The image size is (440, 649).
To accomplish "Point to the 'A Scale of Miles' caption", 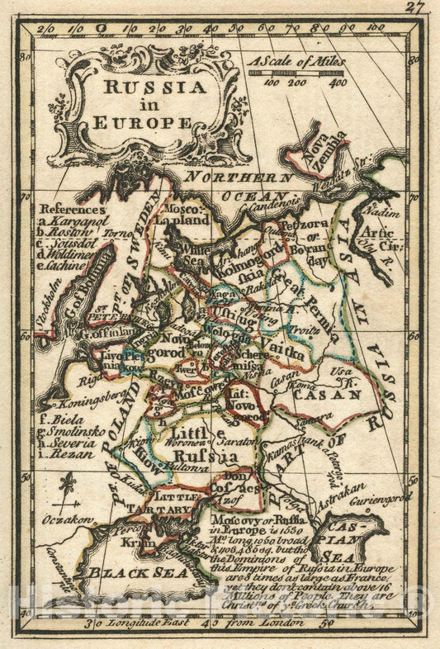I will coord(296,61).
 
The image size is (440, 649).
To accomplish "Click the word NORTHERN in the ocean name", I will coord(239,177).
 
